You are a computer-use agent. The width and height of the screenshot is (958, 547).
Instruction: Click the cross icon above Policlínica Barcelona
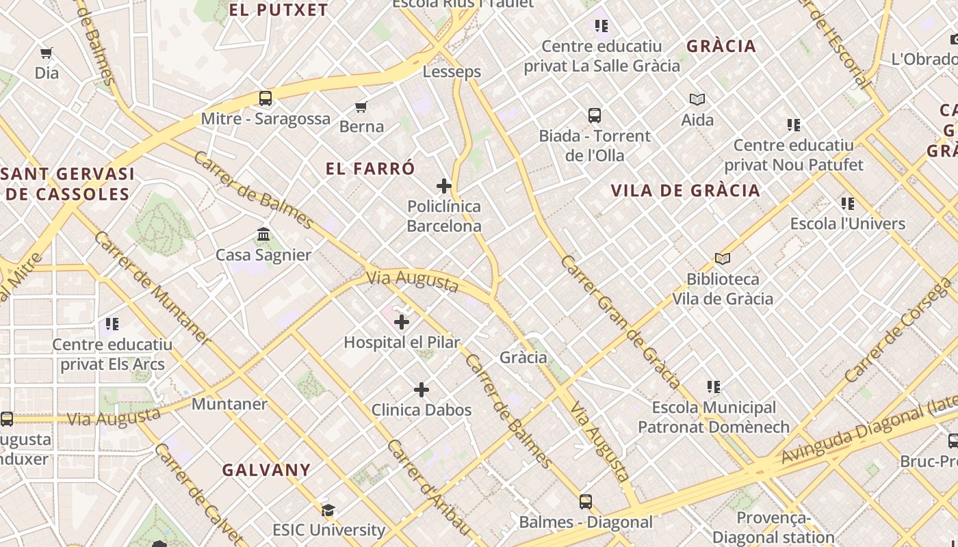444,185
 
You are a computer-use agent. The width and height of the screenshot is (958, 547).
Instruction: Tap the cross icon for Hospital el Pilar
402,321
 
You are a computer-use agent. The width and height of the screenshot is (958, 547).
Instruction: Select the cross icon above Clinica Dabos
422,390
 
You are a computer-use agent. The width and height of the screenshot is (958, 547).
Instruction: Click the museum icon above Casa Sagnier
263,235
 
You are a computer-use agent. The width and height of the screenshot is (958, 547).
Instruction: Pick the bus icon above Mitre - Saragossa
266,98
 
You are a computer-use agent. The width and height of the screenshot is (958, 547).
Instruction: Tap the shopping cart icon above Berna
361,107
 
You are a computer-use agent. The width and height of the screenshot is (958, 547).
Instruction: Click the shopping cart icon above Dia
47,53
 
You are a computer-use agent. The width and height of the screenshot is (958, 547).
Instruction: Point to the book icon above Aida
697,99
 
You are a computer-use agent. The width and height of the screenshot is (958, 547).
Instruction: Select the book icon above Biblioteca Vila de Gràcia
723,258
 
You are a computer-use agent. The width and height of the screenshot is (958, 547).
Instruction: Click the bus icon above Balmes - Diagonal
586,502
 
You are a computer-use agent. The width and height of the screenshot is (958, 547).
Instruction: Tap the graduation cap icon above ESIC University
328,510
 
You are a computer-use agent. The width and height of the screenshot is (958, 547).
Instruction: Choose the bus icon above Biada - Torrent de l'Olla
595,116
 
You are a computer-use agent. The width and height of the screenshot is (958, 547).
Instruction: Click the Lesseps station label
452,72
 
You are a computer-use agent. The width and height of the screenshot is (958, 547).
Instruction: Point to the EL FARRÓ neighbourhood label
370,169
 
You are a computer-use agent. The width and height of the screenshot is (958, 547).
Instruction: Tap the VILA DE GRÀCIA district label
685,191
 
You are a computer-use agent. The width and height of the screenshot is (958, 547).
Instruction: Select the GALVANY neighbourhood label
266,470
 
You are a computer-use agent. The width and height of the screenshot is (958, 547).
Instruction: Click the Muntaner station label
229,404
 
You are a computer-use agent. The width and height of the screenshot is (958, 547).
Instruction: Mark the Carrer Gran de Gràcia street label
620,321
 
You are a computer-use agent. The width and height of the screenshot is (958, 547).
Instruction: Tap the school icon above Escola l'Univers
848,204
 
